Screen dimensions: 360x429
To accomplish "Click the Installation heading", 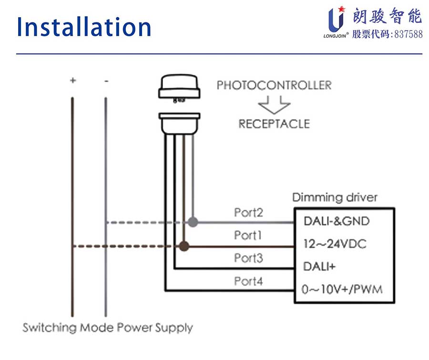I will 84,27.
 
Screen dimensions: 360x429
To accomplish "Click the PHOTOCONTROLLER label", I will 274,86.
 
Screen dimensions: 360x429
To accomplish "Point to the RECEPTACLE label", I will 274,124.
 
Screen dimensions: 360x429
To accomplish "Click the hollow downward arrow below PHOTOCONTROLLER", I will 274,103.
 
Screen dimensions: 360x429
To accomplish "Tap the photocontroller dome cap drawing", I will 180,89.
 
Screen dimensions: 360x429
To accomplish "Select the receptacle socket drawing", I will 180,123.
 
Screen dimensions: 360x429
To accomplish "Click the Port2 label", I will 248,212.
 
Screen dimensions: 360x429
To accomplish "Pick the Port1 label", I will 248,235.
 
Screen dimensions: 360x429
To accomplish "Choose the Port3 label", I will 248,258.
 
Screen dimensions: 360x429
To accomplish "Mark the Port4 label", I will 248,281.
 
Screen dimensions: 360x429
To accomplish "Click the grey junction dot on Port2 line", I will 193,222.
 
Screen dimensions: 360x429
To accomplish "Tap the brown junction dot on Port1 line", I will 184,246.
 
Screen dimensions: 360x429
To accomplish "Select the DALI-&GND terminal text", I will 337,221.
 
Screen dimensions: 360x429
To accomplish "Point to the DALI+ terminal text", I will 319,267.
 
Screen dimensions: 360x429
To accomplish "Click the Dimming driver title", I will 335,197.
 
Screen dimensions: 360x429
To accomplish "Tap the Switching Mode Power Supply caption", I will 108,328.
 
